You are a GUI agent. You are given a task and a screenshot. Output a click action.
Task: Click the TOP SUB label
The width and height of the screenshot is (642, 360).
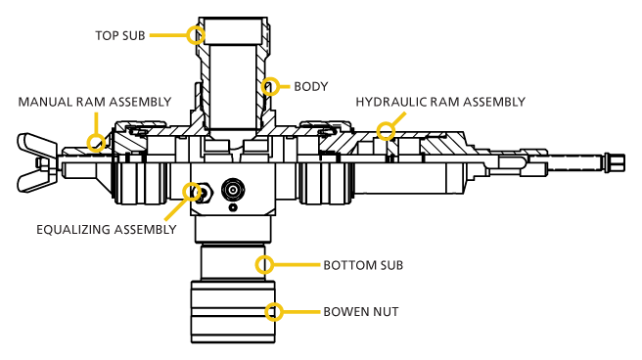pyautogui.click(x=119, y=36)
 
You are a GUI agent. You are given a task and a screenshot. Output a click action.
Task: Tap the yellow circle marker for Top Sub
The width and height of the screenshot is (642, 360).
pyautogui.click(x=196, y=35)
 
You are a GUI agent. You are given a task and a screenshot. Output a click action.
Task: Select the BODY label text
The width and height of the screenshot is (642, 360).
pyautogui.click(x=310, y=87)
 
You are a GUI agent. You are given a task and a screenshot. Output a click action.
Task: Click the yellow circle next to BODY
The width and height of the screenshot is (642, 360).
pyautogui.click(x=270, y=87)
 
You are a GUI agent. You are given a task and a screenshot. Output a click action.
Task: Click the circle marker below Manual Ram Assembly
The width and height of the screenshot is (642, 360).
pyautogui.click(x=96, y=143)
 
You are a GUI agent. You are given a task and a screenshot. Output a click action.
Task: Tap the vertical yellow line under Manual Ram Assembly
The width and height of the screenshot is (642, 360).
pyautogui.click(x=96, y=122)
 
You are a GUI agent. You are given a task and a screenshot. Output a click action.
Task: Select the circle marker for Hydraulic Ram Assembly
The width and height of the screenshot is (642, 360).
pyautogui.click(x=386, y=131)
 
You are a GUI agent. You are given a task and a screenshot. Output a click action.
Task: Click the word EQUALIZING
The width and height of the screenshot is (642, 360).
pyautogui.click(x=73, y=230)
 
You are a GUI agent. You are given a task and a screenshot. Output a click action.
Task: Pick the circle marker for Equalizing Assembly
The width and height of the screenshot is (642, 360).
pyautogui.click(x=192, y=192)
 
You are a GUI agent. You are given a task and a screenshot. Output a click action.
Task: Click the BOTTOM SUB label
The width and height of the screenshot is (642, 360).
pyautogui.click(x=363, y=265)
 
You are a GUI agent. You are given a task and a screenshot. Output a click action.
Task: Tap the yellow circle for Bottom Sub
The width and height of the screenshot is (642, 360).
pyautogui.click(x=264, y=265)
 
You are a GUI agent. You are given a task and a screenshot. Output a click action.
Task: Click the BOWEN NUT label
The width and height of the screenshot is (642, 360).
pyautogui.click(x=360, y=312)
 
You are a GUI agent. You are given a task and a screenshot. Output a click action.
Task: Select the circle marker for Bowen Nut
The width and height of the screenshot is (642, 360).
pyautogui.click(x=274, y=312)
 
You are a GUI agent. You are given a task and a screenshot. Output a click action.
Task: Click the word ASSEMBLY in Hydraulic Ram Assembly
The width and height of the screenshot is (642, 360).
pyautogui.click(x=493, y=102)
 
